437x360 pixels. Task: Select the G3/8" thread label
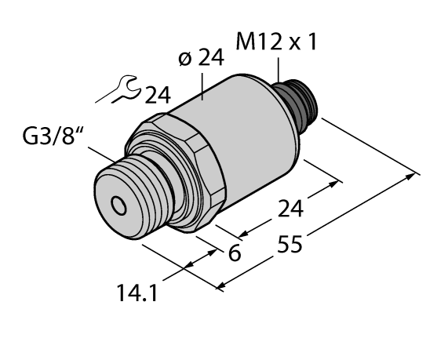click(50, 143)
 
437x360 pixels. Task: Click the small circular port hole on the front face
click(118, 206)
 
